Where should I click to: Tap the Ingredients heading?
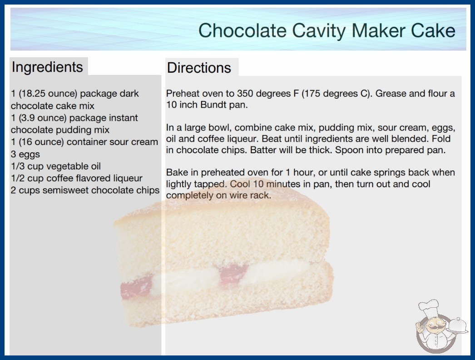coord(47,67)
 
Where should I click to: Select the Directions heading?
coord(199,68)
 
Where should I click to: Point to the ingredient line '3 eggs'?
coord(25,154)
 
